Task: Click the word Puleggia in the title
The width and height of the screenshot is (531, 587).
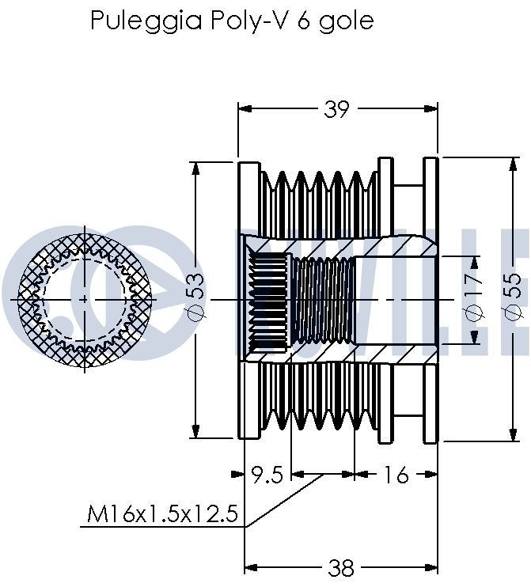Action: pyautogui.click(x=146, y=21)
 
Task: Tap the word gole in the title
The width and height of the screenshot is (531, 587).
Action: pyautogui.click(x=346, y=21)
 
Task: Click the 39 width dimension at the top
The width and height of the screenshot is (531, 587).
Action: pyautogui.click(x=336, y=109)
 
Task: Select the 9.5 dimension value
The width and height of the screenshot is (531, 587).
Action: pyautogui.click(x=267, y=475)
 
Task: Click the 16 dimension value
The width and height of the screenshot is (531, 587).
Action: pyautogui.click(x=396, y=475)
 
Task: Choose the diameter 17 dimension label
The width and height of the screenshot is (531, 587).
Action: pyautogui.click(x=473, y=298)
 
